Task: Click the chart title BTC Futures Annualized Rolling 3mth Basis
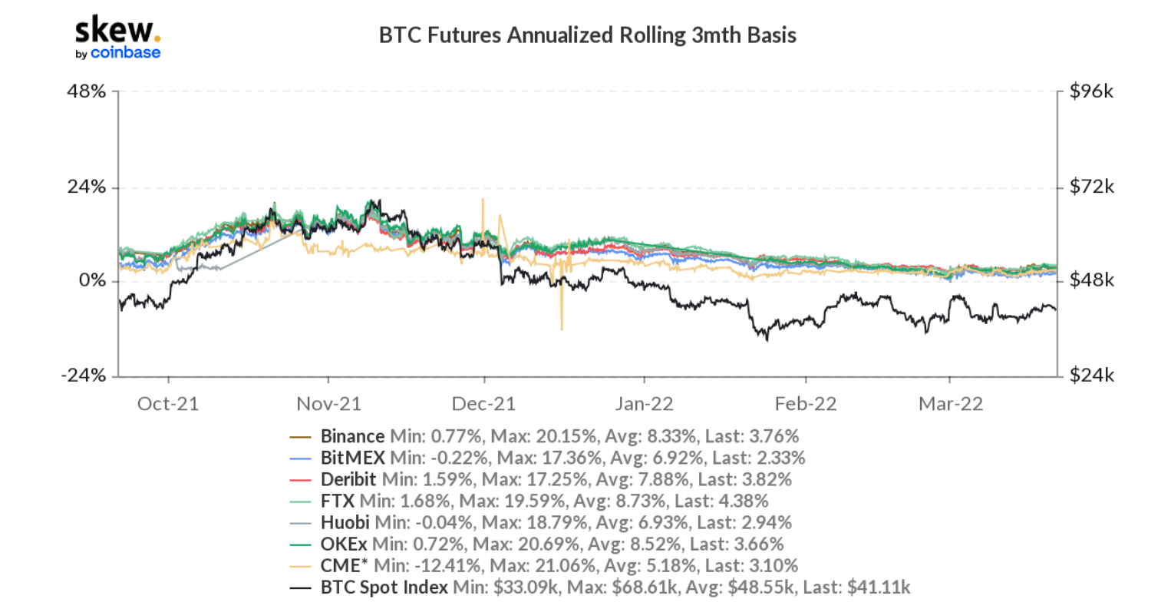[x=587, y=35]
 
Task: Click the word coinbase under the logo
[x=126, y=53]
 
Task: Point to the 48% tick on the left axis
[x=87, y=92]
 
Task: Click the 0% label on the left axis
[x=92, y=281]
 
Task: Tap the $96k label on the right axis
[x=1091, y=92]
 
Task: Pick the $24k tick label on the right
[x=1091, y=376]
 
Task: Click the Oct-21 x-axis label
[x=168, y=404]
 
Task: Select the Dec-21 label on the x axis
[x=484, y=404]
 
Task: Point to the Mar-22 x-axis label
[x=950, y=404]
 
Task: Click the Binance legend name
[x=352, y=437]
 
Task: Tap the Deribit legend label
[x=348, y=480]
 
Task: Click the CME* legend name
[x=341, y=566]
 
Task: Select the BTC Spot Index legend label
[x=384, y=587]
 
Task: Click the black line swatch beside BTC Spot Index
[x=300, y=588]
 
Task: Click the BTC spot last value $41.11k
[x=879, y=587]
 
